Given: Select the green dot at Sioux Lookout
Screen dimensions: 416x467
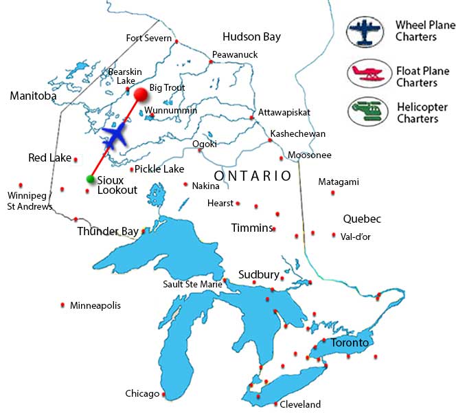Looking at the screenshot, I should (90, 179).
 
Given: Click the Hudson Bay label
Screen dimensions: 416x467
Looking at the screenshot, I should (251, 37).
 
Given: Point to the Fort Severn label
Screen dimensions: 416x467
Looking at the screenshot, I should (148, 39).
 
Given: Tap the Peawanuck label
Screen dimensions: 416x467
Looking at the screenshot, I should (230, 54).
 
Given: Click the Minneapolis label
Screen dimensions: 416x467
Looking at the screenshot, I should (95, 305).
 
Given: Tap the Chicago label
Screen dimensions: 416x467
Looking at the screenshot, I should (142, 394).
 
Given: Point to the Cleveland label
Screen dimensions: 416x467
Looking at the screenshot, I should (300, 404).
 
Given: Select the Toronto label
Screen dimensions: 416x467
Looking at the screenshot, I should (350, 342).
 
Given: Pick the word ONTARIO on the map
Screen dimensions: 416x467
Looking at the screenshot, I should (253, 176).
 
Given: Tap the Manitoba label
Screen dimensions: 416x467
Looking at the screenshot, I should (32, 96).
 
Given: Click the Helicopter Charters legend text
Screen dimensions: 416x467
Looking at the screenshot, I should (422, 113).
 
